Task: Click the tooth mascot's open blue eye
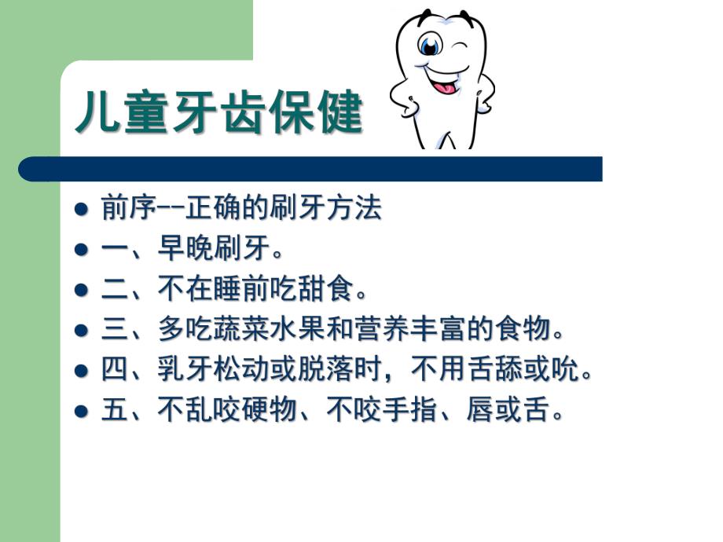[x=429, y=46]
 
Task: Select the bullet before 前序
[x=80, y=210]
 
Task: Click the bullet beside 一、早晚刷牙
[x=80, y=251]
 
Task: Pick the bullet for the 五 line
[x=80, y=411]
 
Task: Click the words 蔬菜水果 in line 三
[x=269, y=330]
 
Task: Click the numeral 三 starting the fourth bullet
[x=113, y=330]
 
